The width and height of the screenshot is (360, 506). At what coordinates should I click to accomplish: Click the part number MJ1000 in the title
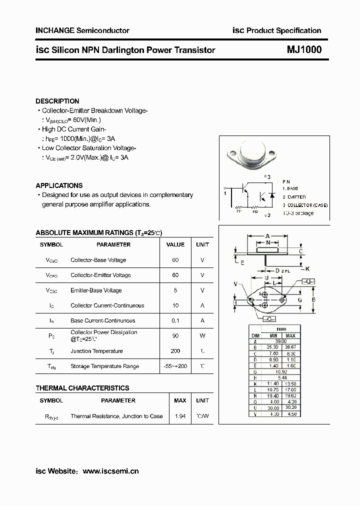coord(304,50)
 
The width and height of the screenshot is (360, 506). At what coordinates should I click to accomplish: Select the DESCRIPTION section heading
coord(57,101)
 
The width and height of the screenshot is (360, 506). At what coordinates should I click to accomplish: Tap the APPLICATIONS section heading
coord(59,185)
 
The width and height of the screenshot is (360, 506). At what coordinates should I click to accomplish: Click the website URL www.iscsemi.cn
coord(110,471)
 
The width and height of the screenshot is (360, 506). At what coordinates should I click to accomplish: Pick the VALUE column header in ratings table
coord(175,244)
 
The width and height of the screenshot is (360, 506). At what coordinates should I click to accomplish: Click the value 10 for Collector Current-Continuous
coord(175,305)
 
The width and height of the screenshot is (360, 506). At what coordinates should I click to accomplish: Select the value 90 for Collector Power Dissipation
coord(175,336)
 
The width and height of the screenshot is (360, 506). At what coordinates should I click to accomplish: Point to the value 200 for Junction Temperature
coord(175,351)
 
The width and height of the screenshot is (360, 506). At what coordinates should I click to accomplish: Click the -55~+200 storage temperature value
coord(175,366)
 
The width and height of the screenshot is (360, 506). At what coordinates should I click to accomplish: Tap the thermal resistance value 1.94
coord(179,416)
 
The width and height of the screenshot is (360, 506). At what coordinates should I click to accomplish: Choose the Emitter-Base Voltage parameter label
coord(96,290)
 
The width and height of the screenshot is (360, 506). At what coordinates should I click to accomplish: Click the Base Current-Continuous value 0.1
coord(175,320)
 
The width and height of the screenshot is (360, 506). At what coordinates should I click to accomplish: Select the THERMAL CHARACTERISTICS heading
coord(82,388)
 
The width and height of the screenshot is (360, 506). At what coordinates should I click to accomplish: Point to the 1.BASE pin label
coord(291,188)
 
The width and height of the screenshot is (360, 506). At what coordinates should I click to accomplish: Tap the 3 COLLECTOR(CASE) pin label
coord(305,205)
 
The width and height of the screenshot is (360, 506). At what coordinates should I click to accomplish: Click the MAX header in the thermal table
coord(179,400)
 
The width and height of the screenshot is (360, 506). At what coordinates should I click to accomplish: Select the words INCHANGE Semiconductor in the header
coord(82,30)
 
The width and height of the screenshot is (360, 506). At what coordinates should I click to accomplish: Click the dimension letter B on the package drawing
coord(313,299)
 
